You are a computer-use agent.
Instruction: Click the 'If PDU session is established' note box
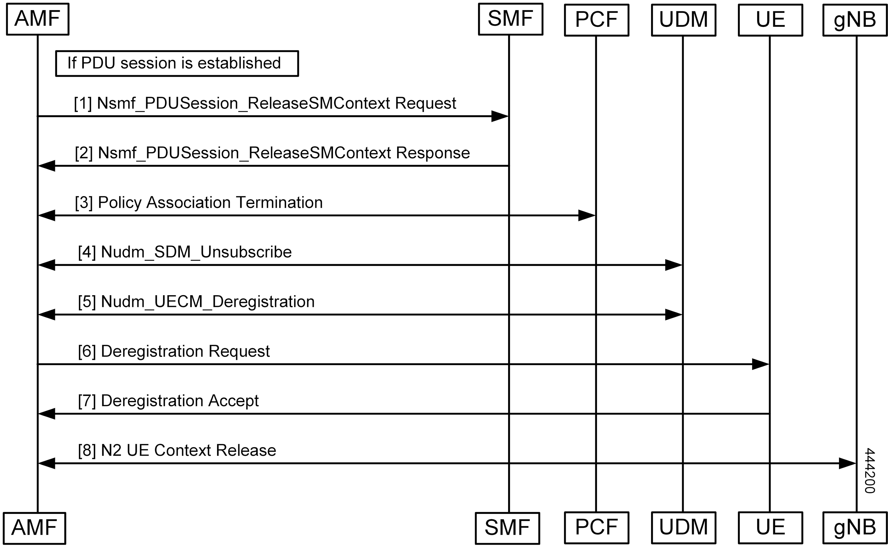tap(177, 63)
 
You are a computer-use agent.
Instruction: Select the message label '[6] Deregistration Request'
tap(174, 351)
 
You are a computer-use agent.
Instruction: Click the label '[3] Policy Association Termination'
tap(199, 203)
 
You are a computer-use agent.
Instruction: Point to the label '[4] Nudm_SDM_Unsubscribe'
tap(185, 252)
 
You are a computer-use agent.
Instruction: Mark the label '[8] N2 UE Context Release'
tap(177, 450)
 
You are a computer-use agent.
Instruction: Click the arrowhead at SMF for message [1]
tap(500, 116)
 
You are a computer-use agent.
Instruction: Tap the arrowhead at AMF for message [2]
tap(46, 166)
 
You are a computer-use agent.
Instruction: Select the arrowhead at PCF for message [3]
tap(587, 215)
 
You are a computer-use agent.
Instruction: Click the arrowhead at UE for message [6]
tap(761, 364)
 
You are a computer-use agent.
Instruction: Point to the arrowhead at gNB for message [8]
tap(848, 463)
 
